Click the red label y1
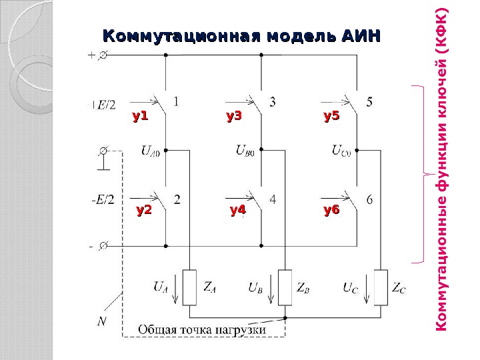pos(139,117)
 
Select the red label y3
pos(233,117)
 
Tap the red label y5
pos(331,117)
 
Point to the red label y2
pos(144,211)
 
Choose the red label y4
pos(237,211)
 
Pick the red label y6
pos(331,211)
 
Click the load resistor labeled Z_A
pos(190,287)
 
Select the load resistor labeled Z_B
pos(285,287)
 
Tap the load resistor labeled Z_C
pos(381,287)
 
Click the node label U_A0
pos(150,151)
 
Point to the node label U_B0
pos(245,151)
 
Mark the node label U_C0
pos(341,151)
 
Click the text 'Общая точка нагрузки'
pos(202,329)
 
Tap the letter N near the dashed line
pos(101,322)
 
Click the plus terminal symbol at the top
pos(91,57)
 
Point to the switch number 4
pos(273,199)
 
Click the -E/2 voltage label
pos(103,199)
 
